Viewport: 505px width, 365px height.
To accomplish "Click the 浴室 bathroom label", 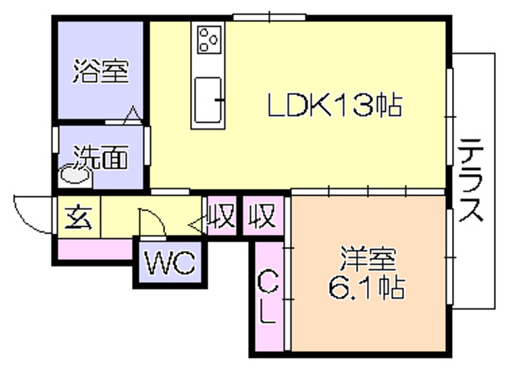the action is (101, 71).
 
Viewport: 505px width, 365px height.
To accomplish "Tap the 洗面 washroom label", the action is (101, 157).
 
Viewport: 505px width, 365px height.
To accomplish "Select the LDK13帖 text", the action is (335, 105).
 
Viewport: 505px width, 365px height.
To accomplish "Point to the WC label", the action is (170, 262).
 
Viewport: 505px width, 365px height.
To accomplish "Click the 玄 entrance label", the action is (78, 218).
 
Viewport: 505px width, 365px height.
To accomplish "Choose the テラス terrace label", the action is (471, 180).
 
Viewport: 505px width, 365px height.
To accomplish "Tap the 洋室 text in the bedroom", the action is (368, 259).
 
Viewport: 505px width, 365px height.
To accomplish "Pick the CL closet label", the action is (268, 297).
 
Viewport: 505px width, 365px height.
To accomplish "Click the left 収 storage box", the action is (221, 215).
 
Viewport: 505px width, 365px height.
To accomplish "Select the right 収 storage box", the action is (263, 215).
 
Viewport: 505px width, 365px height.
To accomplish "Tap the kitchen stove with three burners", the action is (210, 40).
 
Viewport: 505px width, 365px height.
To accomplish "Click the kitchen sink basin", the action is (208, 100).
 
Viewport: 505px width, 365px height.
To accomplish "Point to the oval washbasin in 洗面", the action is (76, 175).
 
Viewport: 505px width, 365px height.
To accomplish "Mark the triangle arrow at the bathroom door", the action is (133, 115).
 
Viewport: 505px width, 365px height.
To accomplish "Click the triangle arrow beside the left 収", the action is (197, 225).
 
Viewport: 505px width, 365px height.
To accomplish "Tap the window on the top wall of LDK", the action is (269, 17).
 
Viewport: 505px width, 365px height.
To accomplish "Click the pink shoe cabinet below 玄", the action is (95, 249).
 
